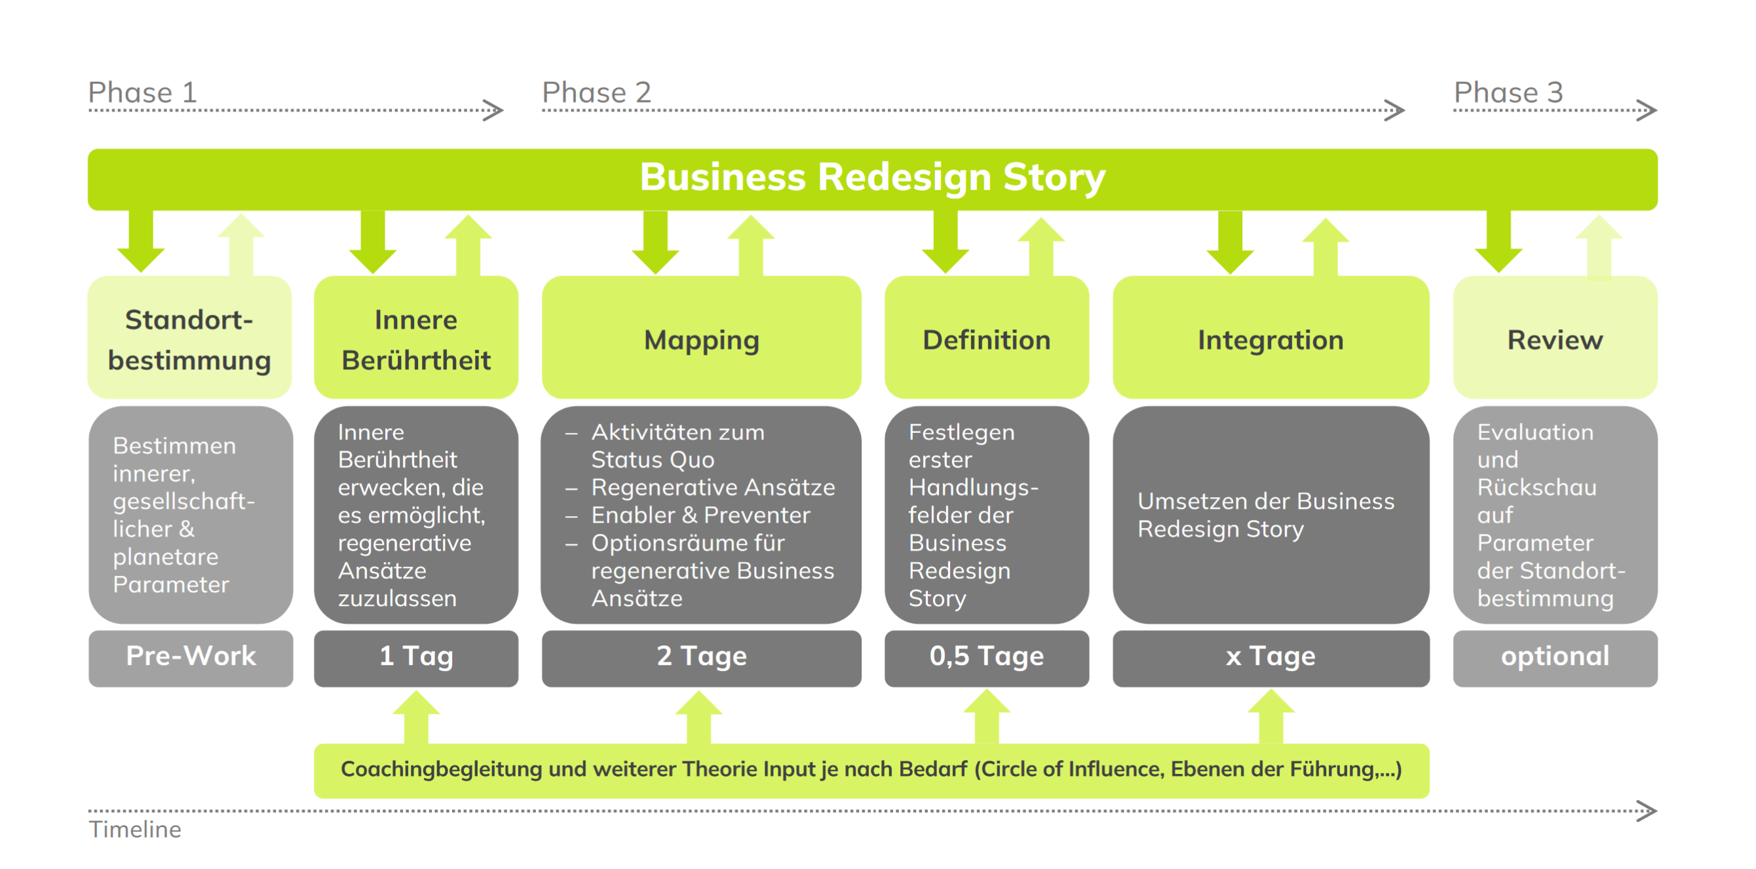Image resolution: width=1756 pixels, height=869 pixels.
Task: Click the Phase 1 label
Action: pyautogui.click(x=142, y=92)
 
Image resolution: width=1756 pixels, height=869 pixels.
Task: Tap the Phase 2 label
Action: pyautogui.click(x=596, y=92)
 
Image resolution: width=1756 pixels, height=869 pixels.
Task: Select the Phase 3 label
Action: pyautogui.click(x=1508, y=92)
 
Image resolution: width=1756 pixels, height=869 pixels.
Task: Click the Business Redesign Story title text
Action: pyautogui.click(x=873, y=177)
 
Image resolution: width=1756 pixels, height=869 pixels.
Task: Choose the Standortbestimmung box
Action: pyautogui.click(x=189, y=337)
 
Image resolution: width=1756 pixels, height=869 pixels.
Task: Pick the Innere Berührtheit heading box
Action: pyautogui.click(x=416, y=337)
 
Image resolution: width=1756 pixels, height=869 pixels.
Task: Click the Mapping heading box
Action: pyautogui.click(x=702, y=337)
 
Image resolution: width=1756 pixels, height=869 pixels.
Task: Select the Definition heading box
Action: pyautogui.click(x=986, y=337)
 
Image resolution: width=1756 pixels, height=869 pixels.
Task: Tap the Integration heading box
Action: pyautogui.click(x=1270, y=337)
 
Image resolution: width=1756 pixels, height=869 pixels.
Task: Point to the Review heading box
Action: pyautogui.click(x=1555, y=337)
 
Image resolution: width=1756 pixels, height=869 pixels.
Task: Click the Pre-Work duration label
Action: pyautogui.click(x=191, y=657)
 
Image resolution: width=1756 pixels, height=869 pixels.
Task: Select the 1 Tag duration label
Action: pyautogui.click(x=416, y=657)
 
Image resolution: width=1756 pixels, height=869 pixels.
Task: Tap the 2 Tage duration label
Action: pyautogui.click(x=702, y=657)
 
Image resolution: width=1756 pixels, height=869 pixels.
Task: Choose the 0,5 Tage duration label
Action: pyautogui.click(x=986, y=657)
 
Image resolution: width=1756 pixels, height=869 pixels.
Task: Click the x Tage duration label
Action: pyautogui.click(x=1270, y=657)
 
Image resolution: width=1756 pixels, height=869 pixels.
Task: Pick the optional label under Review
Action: pyautogui.click(x=1555, y=657)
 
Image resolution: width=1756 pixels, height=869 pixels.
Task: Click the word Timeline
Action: pyautogui.click(x=135, y=830)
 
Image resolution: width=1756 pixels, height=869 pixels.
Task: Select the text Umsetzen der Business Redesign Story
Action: pyautogui.click(x=1266, y=515)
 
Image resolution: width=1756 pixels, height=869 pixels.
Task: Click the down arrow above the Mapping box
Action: pyautogui.click(x=655, y=242)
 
